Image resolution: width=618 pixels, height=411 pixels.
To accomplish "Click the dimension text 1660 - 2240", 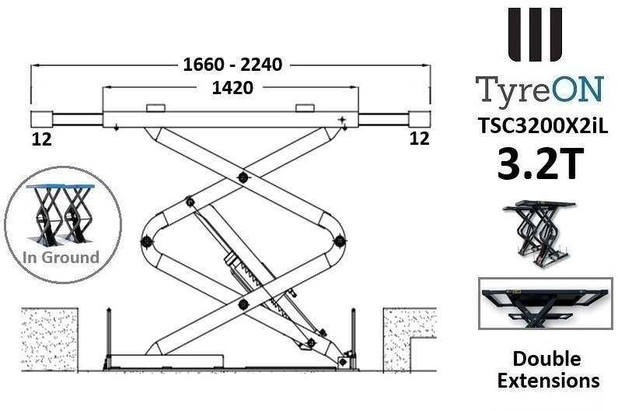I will [232, 65].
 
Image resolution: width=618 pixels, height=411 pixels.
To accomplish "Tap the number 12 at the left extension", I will [42, 139].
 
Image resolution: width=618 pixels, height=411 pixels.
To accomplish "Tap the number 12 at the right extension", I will [419, 139].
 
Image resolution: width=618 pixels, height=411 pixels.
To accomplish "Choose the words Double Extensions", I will [547, 370].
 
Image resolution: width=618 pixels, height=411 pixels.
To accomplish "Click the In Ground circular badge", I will [62, 223].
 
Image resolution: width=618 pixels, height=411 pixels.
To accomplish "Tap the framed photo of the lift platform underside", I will [546, 307].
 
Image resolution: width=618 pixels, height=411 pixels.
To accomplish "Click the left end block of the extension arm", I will [41, 119].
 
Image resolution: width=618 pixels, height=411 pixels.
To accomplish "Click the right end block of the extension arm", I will [421, 119].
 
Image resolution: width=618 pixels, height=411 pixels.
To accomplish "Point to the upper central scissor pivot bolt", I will [243, 178].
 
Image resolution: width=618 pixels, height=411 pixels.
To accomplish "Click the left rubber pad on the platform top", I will [155, 107].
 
